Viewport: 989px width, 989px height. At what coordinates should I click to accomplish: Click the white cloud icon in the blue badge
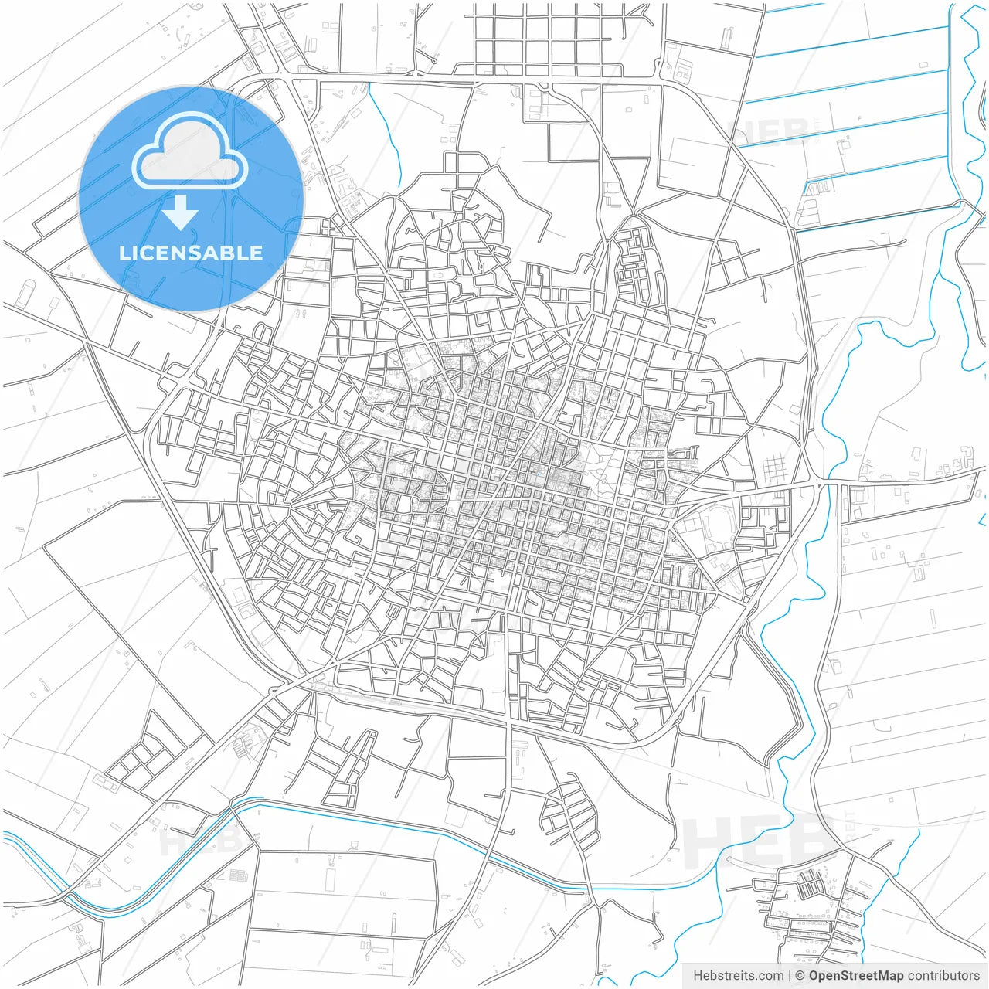tap(190, 153)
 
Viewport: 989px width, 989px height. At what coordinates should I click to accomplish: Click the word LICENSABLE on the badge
tap(191, 253)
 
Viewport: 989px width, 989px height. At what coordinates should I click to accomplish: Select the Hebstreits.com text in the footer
tap(738, 976)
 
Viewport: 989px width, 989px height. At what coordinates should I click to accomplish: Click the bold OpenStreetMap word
tap(855, 976)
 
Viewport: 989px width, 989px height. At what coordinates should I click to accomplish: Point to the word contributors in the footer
tap(943, 976)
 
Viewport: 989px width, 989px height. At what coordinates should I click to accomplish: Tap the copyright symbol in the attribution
tap(800, 976)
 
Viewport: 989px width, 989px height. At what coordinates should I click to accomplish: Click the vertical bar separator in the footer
tap(790, 976)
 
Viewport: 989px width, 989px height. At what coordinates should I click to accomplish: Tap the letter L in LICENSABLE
tap(124, 253)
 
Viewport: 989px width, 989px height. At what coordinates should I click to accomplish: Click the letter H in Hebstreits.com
tap(698, 976)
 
